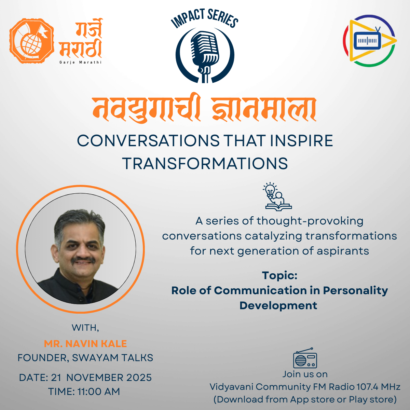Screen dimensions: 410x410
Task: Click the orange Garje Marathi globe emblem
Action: click(x=31, y=41)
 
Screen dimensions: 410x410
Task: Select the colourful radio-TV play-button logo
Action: click(x=370, y=41)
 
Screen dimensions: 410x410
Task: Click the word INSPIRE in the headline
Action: click(x=301, y=141)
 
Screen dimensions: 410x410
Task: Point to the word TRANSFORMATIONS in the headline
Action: click(x=205, y=163)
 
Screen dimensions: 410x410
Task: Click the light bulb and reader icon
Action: click(x=277, y=196)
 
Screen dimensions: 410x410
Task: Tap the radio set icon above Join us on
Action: click(x=305, y=358)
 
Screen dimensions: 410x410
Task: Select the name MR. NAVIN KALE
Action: click(x=85, y=344)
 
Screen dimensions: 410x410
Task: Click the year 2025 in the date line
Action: click(x=139, y=378)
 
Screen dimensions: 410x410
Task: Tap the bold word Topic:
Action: click(x=279, y=275)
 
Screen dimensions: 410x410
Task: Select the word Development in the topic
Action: click(x=278, y=305)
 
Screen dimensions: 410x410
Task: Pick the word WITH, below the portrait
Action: click(x=85, y=328)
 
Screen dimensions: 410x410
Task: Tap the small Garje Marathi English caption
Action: click(x=80, y=62)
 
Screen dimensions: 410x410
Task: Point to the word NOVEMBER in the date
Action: click(x=95, y=378)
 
